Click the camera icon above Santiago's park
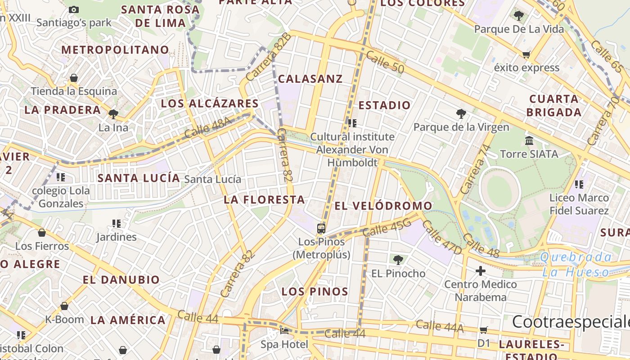pos(74,9)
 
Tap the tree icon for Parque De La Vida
pos(519,16)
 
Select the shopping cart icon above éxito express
pos(526,55)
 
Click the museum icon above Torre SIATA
pos(529,141)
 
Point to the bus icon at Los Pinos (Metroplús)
pos(321,229)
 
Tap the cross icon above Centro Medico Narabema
pos(481,271)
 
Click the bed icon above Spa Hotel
pos(284,331)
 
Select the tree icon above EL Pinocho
pos(398,260)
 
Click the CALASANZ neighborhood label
pos(310,79)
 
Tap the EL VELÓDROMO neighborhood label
pos(383,206)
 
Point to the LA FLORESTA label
pos(264,200)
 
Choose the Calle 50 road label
pos(385,62)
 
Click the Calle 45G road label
pos(387,228)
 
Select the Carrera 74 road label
pos(474,169)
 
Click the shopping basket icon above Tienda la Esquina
pos(74,78)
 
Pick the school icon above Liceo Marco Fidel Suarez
pos(579,184)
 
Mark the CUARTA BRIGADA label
pos(553,106)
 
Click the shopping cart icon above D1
pos(484,330)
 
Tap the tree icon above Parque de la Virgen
pos(461,114)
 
